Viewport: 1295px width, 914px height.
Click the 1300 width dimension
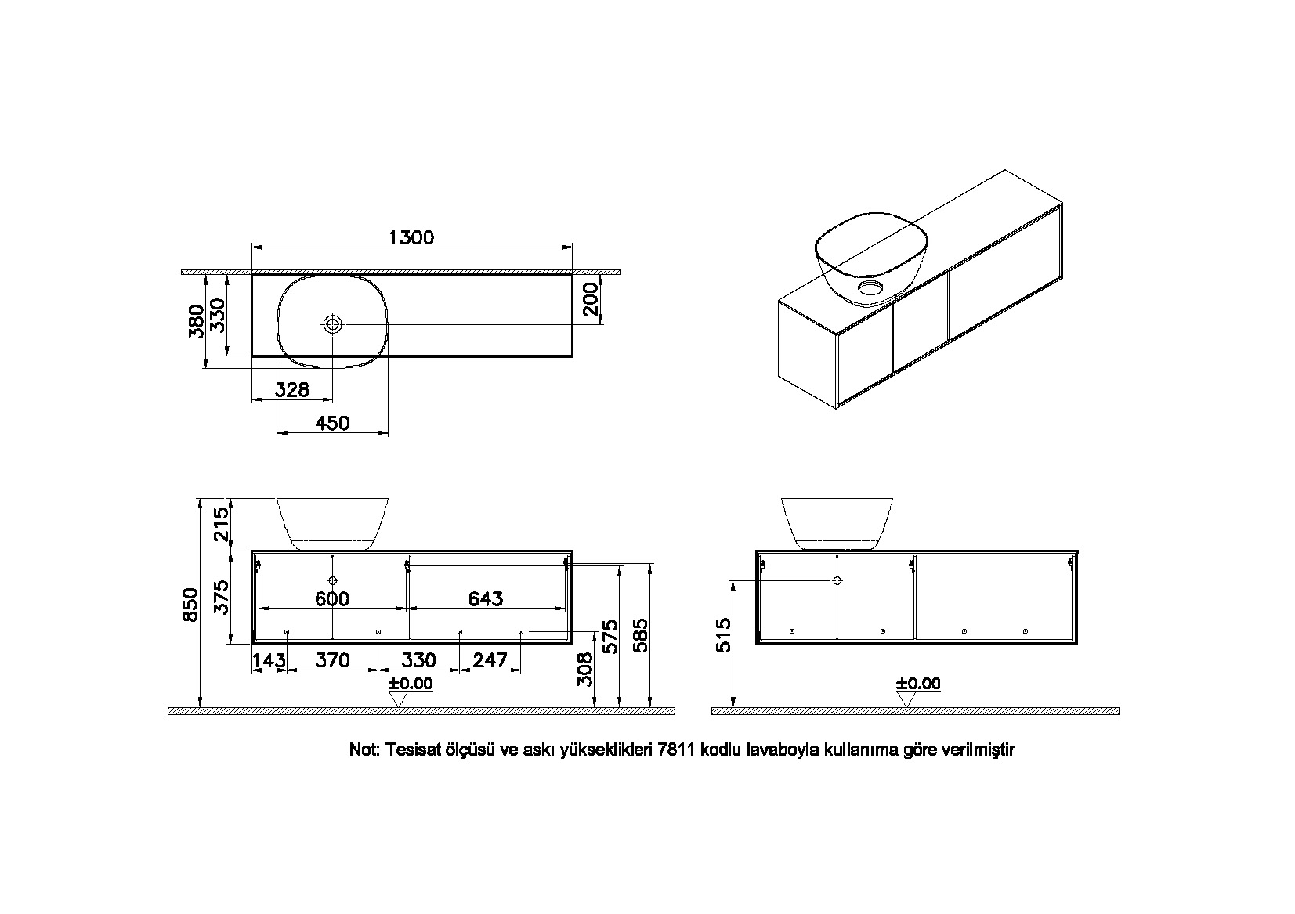point(411,237)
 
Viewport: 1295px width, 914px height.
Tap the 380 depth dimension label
point(197,321)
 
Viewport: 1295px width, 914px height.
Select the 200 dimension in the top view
point(590,299)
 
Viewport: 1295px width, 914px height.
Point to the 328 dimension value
point(292,390)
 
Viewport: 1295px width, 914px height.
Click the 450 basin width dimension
point(332,423)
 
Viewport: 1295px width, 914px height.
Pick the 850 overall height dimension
point(190,605)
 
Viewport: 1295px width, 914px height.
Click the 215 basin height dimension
point(222,524)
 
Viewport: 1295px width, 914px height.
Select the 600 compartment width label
point(332,598)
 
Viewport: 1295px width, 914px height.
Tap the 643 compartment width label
point(486,598)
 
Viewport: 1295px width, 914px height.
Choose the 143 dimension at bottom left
point(269,659)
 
